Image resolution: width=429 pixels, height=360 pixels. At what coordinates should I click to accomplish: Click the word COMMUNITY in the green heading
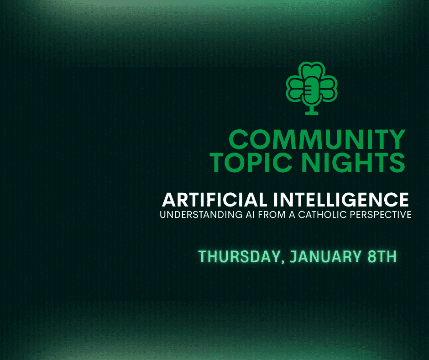[317, 139]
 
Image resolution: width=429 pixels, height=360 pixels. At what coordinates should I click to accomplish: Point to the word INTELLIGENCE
[341, 200]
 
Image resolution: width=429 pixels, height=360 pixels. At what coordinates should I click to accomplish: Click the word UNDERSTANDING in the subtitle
[201, 215]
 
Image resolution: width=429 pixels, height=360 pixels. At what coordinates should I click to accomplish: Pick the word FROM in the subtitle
[272, 215]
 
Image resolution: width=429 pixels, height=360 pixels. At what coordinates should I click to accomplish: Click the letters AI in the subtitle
[250, 215]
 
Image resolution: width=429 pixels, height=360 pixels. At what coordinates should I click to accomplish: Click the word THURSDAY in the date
[240, 256]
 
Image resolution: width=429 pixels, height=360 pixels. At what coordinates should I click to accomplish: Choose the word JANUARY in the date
[325, 256]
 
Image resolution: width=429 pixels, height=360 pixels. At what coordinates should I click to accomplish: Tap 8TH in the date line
[382, 256]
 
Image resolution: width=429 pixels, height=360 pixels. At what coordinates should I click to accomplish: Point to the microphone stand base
[312, 112]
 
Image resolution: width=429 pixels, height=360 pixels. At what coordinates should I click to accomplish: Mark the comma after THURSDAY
[283, 261]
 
